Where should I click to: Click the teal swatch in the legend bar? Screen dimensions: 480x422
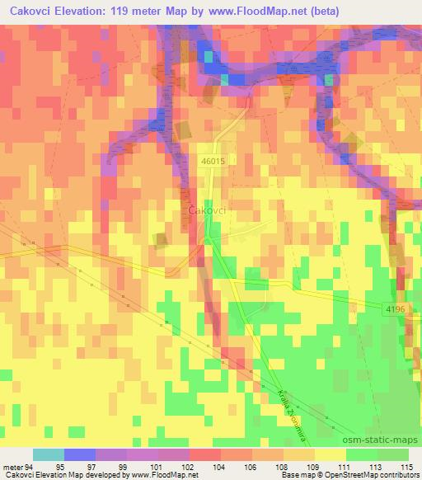point(48,454)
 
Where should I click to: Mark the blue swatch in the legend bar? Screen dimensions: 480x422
point(79,454)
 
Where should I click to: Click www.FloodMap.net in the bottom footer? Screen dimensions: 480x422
point(171,475)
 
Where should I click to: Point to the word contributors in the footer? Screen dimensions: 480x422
point(395,475)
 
